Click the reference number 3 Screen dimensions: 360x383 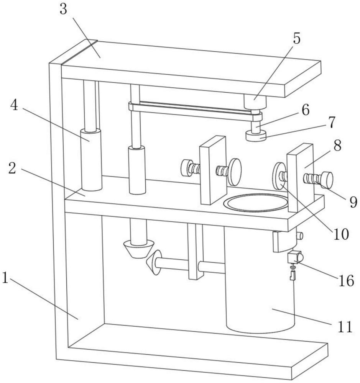(63, 10)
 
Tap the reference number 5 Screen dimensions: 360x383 (296, 39)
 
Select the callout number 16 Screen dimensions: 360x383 (346, 281)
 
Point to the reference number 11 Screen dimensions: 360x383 (345, 326)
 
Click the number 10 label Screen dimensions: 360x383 (341, 234)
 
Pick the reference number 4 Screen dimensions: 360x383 (14, 106)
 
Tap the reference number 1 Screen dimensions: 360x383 (5, 278)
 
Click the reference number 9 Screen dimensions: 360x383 (353, 202)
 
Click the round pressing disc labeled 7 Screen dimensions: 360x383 (256, 136)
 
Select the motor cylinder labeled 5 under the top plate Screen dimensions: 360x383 (255, 102)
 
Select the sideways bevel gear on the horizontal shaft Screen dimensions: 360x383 (154, 262)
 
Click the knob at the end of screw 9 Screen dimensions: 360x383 (327, 180)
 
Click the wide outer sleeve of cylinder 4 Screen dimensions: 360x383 (91, 160)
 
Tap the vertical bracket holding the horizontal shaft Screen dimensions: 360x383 (196, 252)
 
